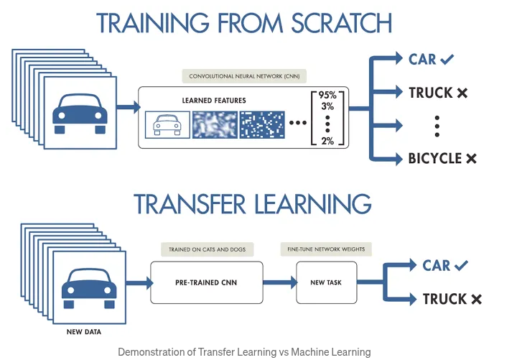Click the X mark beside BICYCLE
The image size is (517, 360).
click(x=471, y=158)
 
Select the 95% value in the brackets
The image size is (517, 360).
click(x=327, y=95)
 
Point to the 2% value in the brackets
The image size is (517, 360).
click(x=327, y=140)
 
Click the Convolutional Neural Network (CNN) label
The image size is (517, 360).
click(x=244, y=75)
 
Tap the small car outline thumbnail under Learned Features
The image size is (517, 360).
click(x=167, y=124)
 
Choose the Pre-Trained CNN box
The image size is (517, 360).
click(x=206, y=282)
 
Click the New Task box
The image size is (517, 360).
click(x=327, y=282)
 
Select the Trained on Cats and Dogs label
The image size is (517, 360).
click(x=206, y=249)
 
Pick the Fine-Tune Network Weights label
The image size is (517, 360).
click(x=326, y=249)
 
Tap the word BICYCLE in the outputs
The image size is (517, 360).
click(x=434, y=158)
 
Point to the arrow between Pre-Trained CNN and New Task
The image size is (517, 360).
click(x=279, y=282)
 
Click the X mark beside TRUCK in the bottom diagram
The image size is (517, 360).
click(x=475, y=299)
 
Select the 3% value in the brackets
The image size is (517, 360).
click(x=327, y=107)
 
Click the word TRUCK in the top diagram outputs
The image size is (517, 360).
click(x=430, y=93)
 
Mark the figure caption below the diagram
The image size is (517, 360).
click(x=244, y=352)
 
